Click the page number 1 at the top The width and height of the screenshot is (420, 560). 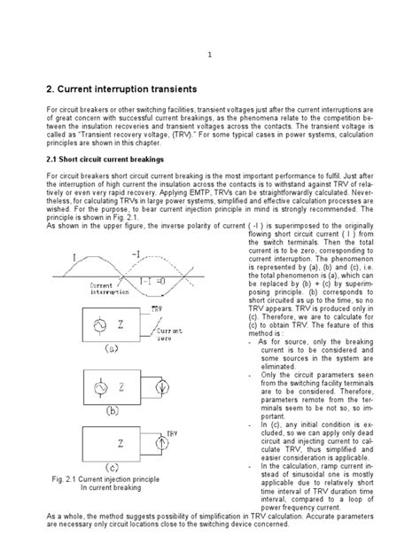tap(210, 54)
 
